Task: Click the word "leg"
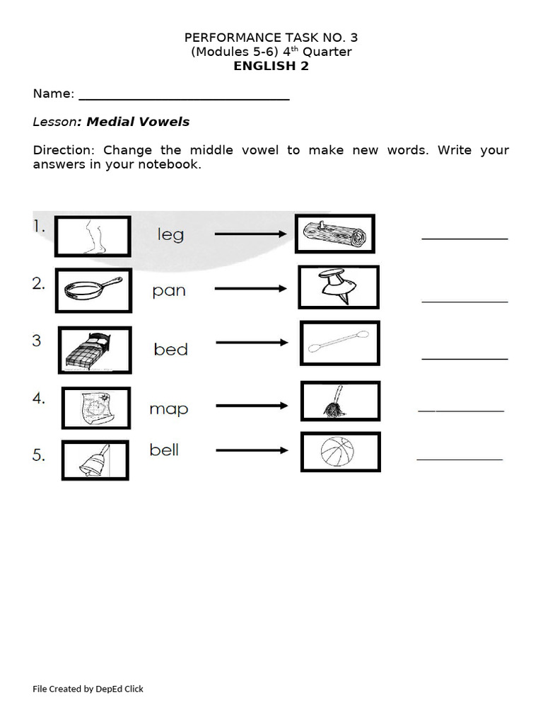[x=170, y=234]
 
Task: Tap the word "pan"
[x=169, y=290]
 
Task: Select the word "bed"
[x=170, y=349]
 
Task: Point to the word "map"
[x=168, y=409]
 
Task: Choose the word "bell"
[x=164, y=450]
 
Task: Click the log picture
[x=334, y=234]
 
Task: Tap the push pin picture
[x=338, y=287]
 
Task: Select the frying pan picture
[x=93, y=290]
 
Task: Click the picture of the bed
[x=95, y=350]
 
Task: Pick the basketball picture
[x=340, y=452]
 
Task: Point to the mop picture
[x=340, y=401]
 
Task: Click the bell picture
[x=95, y=460]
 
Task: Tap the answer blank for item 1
[x=465, y=239]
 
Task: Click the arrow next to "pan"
[x=250, y=288]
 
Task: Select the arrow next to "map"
[x=252, y=406]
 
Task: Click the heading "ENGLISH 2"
[x=271, y=67]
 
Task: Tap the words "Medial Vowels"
[x=138, y=122]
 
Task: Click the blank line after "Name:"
[x=184, y=98]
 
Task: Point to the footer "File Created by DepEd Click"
[x=88, y=688]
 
